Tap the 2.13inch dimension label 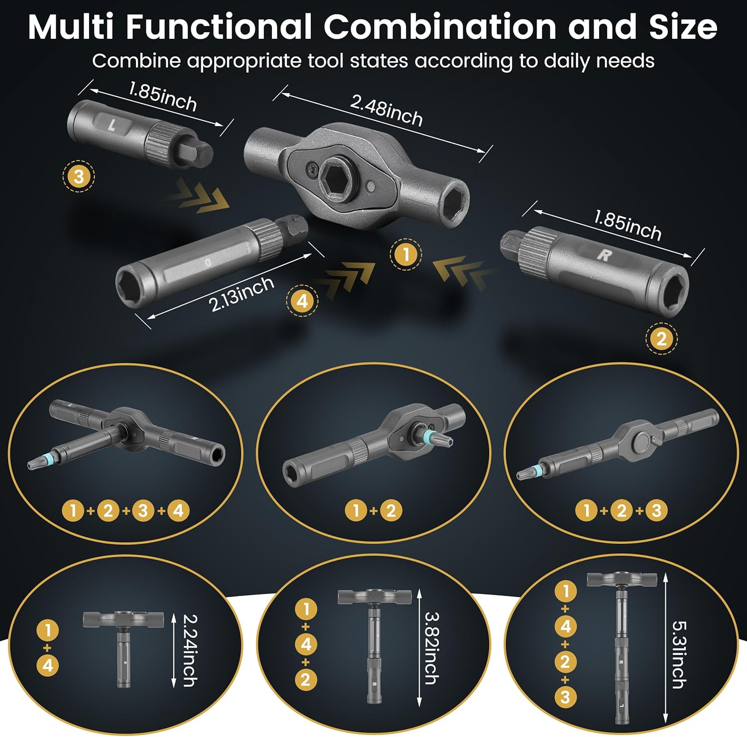(x=242, y=294)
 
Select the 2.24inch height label (x=190, y=650)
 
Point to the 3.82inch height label (x=431, y=647)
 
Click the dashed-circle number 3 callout (x=79, y=176)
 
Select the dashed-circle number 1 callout (x=405, y=255)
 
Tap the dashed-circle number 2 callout (x=661, y=339)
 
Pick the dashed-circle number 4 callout (x=302, y=301)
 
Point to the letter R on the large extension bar (x=604, y=255)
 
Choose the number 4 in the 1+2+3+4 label (x=178, y=511)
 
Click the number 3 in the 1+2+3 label (x=656, y=511)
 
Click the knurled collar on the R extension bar (x=536, y=243)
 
